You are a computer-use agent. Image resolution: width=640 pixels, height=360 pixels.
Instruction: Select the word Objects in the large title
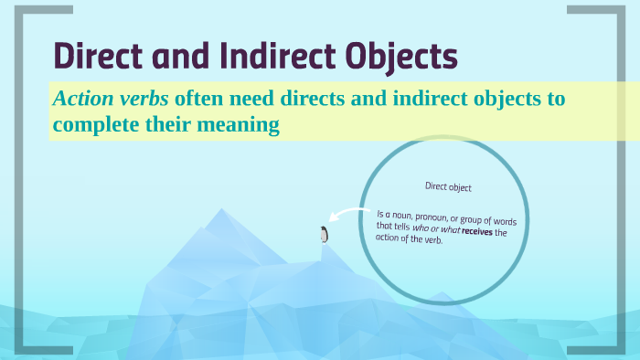404,58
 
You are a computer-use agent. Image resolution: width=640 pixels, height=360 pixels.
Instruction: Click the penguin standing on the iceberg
323,234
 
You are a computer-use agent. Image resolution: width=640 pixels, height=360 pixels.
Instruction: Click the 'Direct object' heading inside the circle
448,186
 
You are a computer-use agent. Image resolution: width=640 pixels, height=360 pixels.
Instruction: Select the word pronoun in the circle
432,216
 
